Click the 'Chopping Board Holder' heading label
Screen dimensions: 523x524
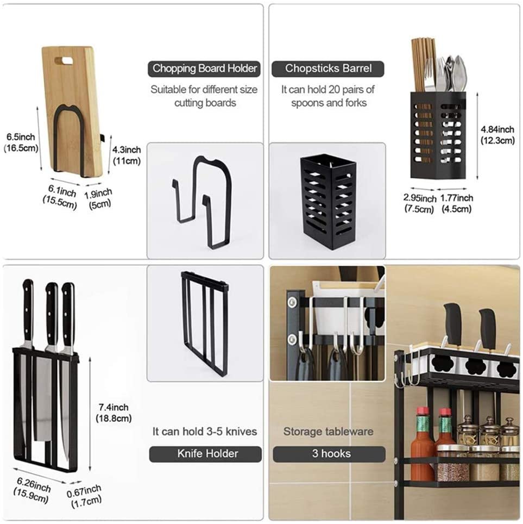click(204, 68)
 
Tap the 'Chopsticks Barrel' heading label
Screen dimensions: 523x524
click(328, 68)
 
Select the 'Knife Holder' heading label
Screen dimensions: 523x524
click(205, 454)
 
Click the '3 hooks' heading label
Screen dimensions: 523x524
click(329, 454)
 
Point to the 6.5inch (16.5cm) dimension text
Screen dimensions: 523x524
click(21, 142)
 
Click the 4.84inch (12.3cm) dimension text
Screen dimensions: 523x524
click(497, 135)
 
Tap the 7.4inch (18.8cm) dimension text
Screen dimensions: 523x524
click(114, 413)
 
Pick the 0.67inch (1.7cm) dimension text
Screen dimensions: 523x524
click(84, 496)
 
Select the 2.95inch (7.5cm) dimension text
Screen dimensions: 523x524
click(420, 203)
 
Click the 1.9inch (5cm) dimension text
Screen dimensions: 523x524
click(98, 198)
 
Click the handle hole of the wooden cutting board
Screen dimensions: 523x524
click(64, 61)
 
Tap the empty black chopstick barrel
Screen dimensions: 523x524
click(328, 202)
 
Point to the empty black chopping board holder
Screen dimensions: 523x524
click(201, 202)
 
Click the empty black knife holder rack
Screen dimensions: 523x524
click(204, 323)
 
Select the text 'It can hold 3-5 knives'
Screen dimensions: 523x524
click(205, 432)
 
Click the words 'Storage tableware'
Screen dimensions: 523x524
click(328, 432)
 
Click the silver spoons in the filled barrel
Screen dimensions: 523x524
click(456, 73)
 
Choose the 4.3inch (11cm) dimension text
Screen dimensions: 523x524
click(126, 155)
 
